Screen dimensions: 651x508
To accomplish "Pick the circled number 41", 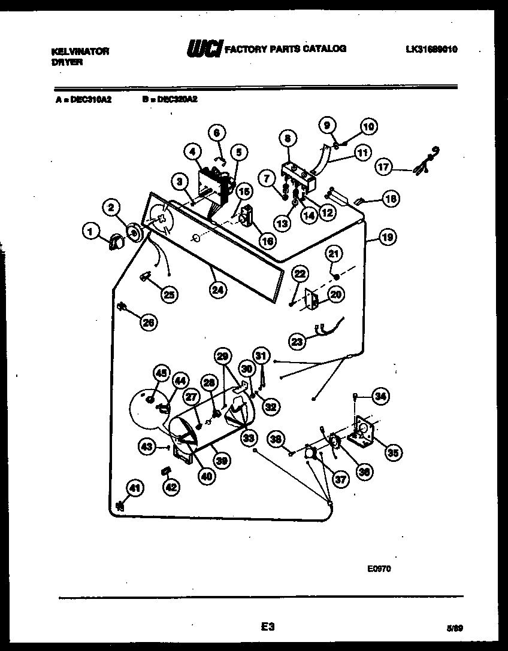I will click(135, 489).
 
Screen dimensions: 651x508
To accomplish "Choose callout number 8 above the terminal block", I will click(288, 139).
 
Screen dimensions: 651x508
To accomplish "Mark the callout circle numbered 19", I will click(388, 238).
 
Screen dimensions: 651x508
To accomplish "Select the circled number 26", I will click(148, 323).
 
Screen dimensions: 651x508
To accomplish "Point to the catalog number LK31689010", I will click(431, 50).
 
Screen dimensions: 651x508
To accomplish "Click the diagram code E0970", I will click(379, 570).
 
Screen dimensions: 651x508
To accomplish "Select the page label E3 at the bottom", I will click(267, 627).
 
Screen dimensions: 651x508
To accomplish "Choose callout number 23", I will click(297, 341).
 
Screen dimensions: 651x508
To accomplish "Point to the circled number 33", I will click(248, 438).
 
